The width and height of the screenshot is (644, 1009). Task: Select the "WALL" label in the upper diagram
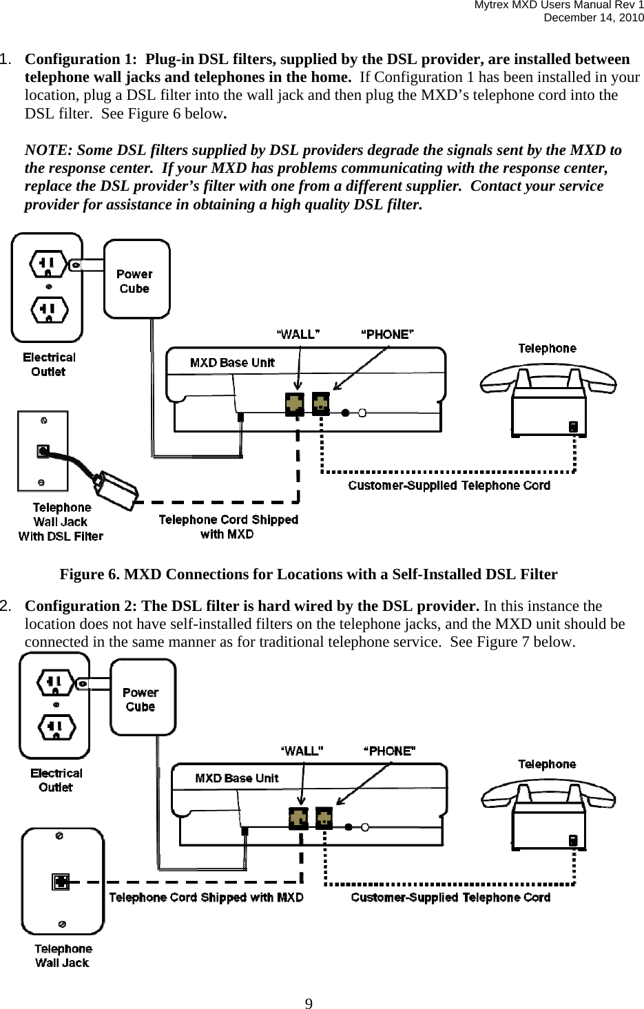pos(298,335)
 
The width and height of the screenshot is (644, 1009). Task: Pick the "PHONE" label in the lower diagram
pos(389,751)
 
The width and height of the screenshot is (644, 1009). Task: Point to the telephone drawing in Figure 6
pos(548,399)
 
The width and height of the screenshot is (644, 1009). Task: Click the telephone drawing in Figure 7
pos(548,813)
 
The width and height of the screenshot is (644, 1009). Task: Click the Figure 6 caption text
pos(309,574)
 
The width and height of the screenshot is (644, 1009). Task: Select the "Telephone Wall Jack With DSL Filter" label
pos(61,522)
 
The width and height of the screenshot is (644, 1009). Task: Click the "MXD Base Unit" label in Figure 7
pos(237,778)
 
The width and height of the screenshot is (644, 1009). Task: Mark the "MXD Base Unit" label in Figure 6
pos(232,363)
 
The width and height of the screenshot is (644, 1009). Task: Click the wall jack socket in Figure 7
pos(61,881)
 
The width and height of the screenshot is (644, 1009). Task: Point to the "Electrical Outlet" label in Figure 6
pos(49,364)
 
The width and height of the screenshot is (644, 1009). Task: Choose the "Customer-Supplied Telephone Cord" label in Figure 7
pos(450,897)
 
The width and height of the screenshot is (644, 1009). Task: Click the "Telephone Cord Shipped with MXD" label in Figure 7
pos(206,897)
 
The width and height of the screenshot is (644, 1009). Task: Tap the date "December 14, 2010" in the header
pos(594,17)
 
